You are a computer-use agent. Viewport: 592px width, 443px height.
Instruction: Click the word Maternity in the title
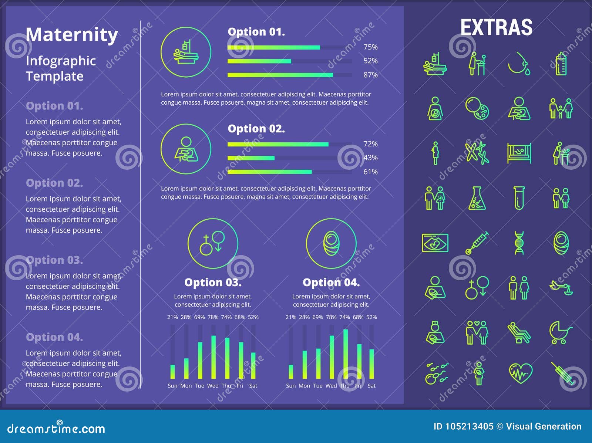click(x=72, y=35)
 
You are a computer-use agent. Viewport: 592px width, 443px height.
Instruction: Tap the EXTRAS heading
click(x=496, y=27)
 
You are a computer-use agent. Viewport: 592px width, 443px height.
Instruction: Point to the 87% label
click(x=370, y=75)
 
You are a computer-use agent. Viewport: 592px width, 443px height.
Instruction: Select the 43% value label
click(x=370, y=158)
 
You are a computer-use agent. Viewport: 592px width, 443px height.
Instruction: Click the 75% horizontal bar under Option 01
click(x=274, y=47)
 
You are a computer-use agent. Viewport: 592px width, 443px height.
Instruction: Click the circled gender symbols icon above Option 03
click(x=213, y=243)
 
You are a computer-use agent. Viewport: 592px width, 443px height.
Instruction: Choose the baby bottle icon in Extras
click(x=561, y=64)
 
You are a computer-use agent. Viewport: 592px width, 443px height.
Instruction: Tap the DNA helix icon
click(x=519, y=243)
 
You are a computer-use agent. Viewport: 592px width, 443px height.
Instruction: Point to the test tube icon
click(x=519, y=198)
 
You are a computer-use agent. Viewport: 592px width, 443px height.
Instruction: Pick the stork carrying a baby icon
click(x=561, y=287)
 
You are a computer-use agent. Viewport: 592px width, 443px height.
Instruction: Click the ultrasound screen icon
click(x=435, y=243)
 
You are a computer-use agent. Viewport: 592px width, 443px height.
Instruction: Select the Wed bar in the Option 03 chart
click(x=213, y=357)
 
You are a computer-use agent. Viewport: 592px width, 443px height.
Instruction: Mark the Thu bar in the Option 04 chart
click(x=346, y=354)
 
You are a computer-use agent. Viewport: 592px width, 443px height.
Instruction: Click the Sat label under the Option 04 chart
click(x=371, y=386)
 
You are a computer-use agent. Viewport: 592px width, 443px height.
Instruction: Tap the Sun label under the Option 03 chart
click(x=172, y=386)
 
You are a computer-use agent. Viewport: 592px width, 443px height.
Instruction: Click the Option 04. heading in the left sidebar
click(x=54, y=337)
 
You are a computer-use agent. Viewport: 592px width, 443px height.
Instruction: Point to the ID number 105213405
click(x=469, y=426)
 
